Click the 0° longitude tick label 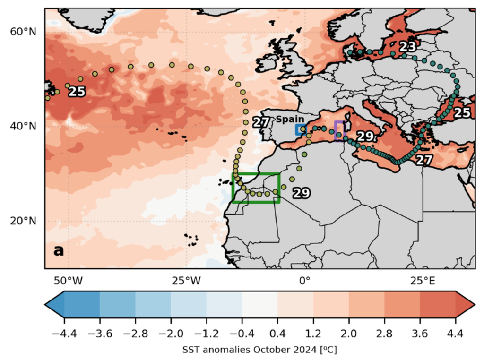pyautogui.click(x=304, y=281)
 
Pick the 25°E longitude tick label pyautogui.click(x=422, y=281)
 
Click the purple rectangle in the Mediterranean pyautogui.click(x=339, y=130)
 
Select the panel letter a pyautogui.click(x=59, y=251)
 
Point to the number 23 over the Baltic pyautogui.click(x=407, y=47)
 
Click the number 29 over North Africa pyautogui.click(x=301, y=193)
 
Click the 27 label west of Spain pyautogui.click(x=260, y=122)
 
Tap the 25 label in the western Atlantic pyautogui.click(x=77, y=92)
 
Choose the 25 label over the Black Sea pyautogui.click(x=462, y=113)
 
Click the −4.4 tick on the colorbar pyautogui.click(x=64, y=334)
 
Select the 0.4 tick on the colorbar pyautogui.click(x=277, y=334)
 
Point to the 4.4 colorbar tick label pyautogui.click(x=455, y=334)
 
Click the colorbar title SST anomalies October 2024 pyautogui.click(x=259, y=350)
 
